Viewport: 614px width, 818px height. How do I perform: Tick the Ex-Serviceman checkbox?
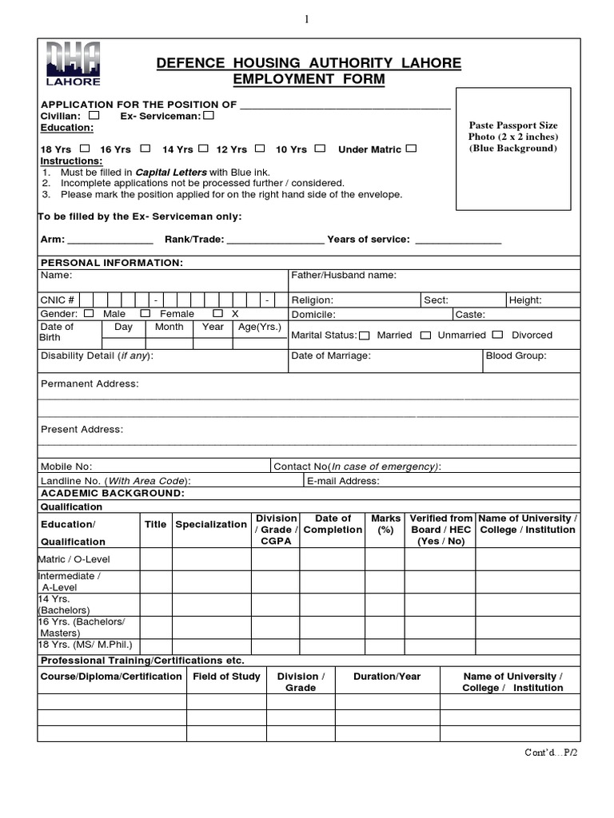click(x=209, y=116)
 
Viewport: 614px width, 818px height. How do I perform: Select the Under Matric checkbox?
click(x=411, y=149)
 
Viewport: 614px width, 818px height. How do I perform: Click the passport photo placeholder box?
click(x=513, y=149)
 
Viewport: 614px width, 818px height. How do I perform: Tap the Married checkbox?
click(x=365, y=336)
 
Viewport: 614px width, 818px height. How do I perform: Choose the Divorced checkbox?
click(x=497, y=336)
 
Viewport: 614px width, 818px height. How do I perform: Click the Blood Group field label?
click(x=516, y=356)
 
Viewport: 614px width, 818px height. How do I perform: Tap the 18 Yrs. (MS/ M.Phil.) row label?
click(x=85, y=645)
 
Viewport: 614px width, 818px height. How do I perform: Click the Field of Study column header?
click(x=226, y=677)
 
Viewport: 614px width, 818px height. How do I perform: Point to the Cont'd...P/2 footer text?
click(x=550, y=753)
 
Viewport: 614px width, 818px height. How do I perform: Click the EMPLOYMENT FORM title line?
click(x=309, y=79)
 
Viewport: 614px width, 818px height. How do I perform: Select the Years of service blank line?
click(x=458, y=240)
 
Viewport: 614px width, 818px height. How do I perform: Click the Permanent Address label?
click(x=90, y=384)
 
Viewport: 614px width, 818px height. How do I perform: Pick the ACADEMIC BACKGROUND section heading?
click(x=113, y=494)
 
